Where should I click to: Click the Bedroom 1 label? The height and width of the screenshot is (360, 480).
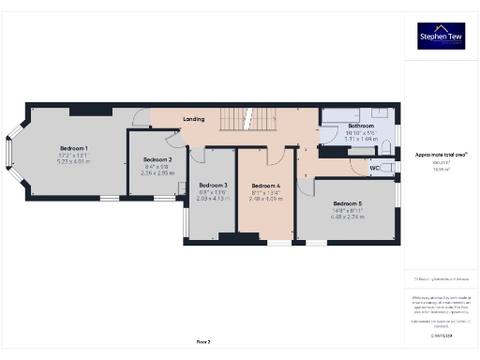pyautogui.click(x=74, y=148)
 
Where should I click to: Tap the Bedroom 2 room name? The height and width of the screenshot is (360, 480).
pyautogui.click(x=157, y=160)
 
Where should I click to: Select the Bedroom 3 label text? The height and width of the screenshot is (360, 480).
pyautogui.click(x=213, y=186)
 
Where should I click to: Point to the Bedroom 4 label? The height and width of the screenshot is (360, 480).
pyautogui.click(x=266, y=186)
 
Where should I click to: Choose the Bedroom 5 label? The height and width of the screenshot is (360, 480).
pyautogui.click(x=346, y=203)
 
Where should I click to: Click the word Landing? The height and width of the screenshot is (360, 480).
pyautogui.click(x=194, y=119)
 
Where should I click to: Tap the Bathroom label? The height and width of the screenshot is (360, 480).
pyautogui.click(x=361, y=126)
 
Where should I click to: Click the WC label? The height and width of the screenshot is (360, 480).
pyautogui.click(x=374, y=169)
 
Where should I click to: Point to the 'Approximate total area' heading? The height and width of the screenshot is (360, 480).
pyautogui.click(x=441, y=154)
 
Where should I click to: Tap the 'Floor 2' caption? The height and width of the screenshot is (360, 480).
pyautogui.click(x=203, y=341)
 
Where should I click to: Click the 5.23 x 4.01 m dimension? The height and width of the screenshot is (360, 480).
pyautogui.click(x=74, y=161)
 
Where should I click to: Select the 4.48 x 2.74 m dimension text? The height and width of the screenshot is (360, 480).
pyautogui.click(x=346, y=217)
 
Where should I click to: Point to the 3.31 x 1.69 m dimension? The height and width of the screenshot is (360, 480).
pyautogui.click(x=361, y=138)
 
